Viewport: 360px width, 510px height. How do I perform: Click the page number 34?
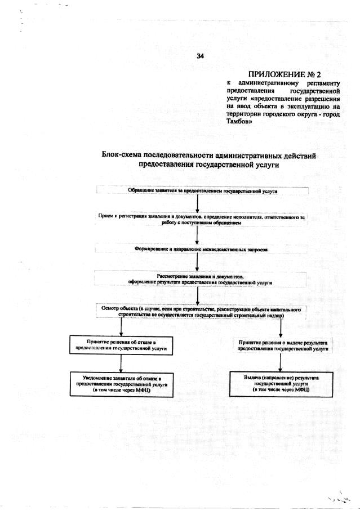coord(199,56)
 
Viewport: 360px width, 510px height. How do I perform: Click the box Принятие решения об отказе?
coord(121,345)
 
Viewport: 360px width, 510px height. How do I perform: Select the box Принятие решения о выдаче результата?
coord(282,345)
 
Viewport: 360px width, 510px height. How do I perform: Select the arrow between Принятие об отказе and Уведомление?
coord(121,364)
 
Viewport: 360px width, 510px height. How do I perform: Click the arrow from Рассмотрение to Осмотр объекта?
coord(197,296)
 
